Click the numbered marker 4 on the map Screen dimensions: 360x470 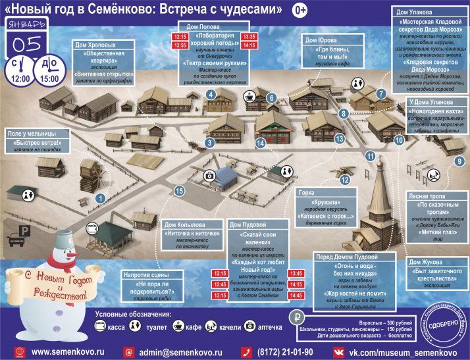point(211,95)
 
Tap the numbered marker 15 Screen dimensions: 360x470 point(178,191)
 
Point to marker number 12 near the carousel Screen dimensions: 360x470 point(345,179)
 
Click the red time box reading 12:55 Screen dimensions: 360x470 point(180,45)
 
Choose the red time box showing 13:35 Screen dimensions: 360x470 point(249,36)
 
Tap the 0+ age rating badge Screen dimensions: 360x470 point(300,10)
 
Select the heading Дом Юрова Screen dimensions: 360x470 point(320,40)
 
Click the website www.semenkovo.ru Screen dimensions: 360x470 point(68,352)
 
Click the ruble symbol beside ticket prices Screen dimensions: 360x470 point(298,315)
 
